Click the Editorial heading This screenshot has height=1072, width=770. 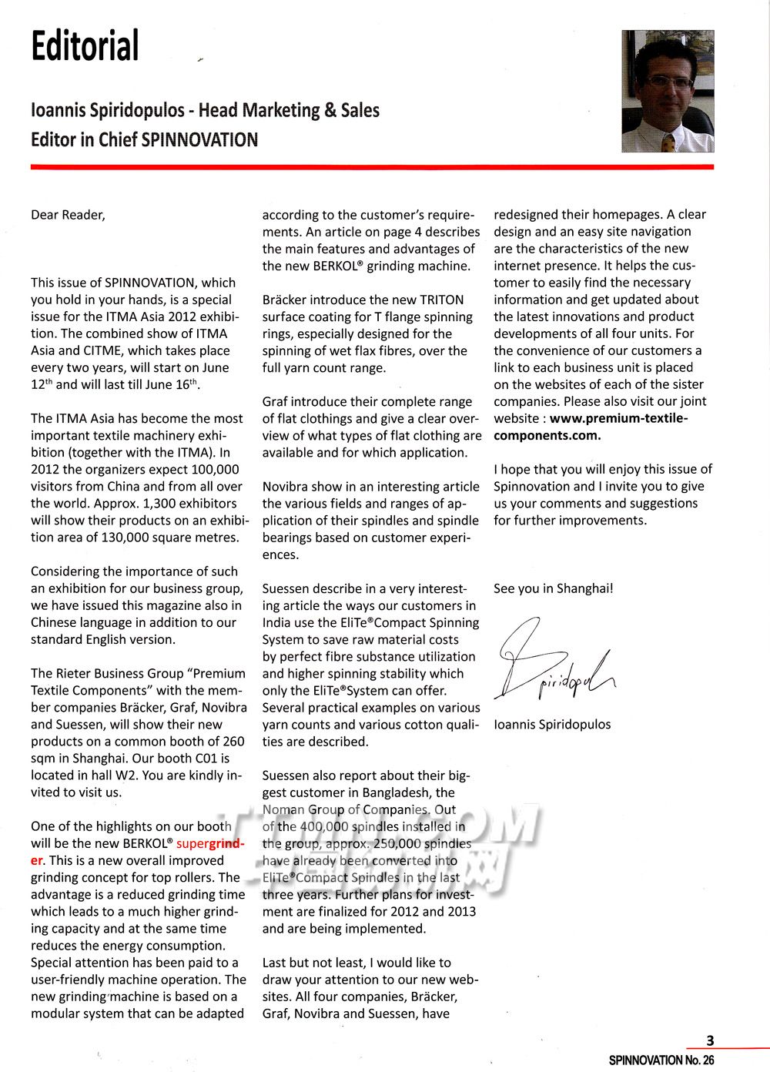click(85, 46)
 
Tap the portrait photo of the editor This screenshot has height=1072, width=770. click(668, 91)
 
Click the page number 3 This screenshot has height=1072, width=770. click(710, 1040)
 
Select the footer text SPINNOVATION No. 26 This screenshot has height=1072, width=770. click(661, 1060)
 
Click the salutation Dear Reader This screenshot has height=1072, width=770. click(68, 215)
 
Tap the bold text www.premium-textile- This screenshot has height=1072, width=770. click(618, 418)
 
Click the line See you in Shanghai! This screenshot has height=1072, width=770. click(553, 588)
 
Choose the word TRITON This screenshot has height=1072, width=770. click(441, 300)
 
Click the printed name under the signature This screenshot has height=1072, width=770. click(552, 725)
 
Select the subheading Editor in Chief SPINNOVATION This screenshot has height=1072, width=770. click(144, 139)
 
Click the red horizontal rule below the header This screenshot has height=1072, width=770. click(372, 166)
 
